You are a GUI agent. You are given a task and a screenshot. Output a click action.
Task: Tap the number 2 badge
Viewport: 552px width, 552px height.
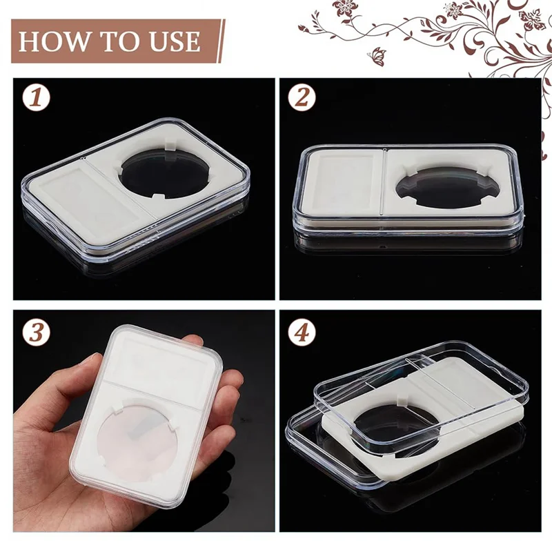(x=302, y=97)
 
